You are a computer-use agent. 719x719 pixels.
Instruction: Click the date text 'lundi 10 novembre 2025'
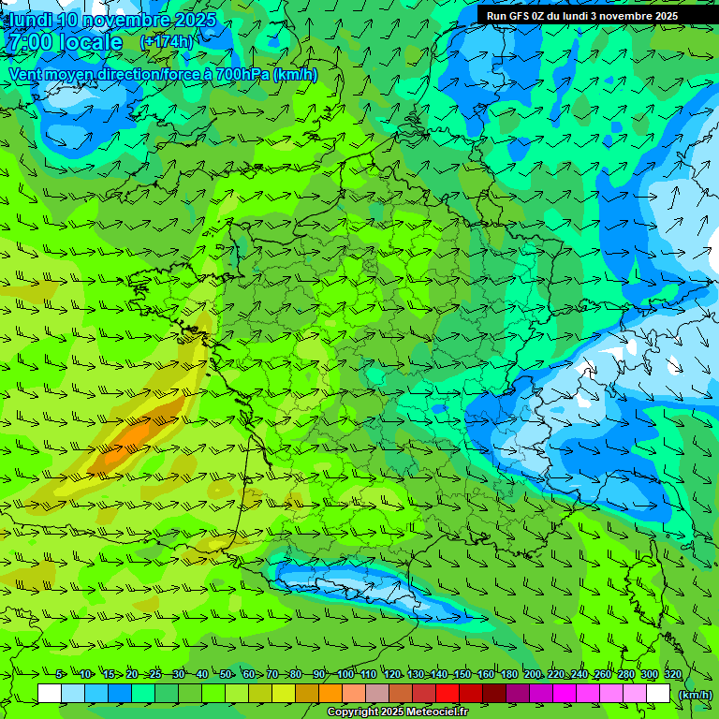pyautogui.click(x=111, y=20)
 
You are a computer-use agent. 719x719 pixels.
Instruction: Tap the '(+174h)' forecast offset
pyautogui.click(x=167, y=42)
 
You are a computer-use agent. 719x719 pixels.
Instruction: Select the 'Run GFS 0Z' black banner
pyautogui.click(x=582, y=16)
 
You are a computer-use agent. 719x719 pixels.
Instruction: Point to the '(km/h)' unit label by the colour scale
pyautogui.click(x=696, y=695)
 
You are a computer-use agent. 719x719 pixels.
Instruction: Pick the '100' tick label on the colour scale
pyautogui.click(x=345, y=675)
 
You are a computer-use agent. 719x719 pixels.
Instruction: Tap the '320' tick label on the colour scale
pyautogui.click(x=672, y=675)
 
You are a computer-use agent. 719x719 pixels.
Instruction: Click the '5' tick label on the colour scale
pyautogui.click(x=60, y=675)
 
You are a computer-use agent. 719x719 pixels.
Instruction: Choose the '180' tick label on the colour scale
pyautogui.click(x=508, y=675)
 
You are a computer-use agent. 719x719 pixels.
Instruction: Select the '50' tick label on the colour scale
pyautogui.click(x=226, y=675)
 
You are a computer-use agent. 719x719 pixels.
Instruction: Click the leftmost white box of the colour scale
pyautogui.click(x=50, y=694)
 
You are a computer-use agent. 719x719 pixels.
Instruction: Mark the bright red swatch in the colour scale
pyautogui.click(x=448, y=694)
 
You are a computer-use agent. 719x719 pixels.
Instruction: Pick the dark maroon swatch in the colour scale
pyautogui.click(x=494, y=694)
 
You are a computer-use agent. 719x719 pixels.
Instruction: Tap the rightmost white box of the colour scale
pyautogui.click(x=658, y=694)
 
